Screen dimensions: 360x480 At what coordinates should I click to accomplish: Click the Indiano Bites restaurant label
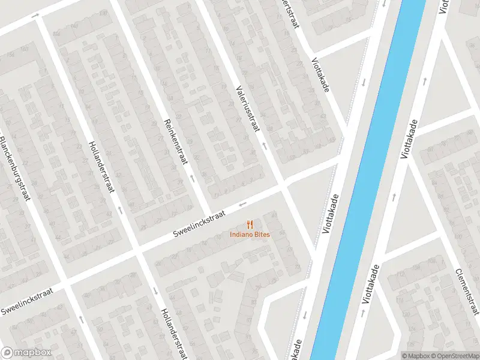click(250, 234)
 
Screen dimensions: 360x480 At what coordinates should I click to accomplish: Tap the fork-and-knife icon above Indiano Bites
click(250, 224)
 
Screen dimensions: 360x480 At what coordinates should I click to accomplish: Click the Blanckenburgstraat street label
click(14, 169)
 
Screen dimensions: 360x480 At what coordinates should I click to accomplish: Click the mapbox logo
click(26, 353)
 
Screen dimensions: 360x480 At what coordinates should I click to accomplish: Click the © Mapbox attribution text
click(415, 356)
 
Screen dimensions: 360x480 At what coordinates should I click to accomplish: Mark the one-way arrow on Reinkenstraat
click(192, 178)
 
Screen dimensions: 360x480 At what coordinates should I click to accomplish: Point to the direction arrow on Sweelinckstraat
click(242, 203)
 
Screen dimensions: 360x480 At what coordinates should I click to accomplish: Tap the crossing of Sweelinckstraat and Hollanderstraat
click(136, 250)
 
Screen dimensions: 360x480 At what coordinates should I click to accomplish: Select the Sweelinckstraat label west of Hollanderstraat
click(27, 301)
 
